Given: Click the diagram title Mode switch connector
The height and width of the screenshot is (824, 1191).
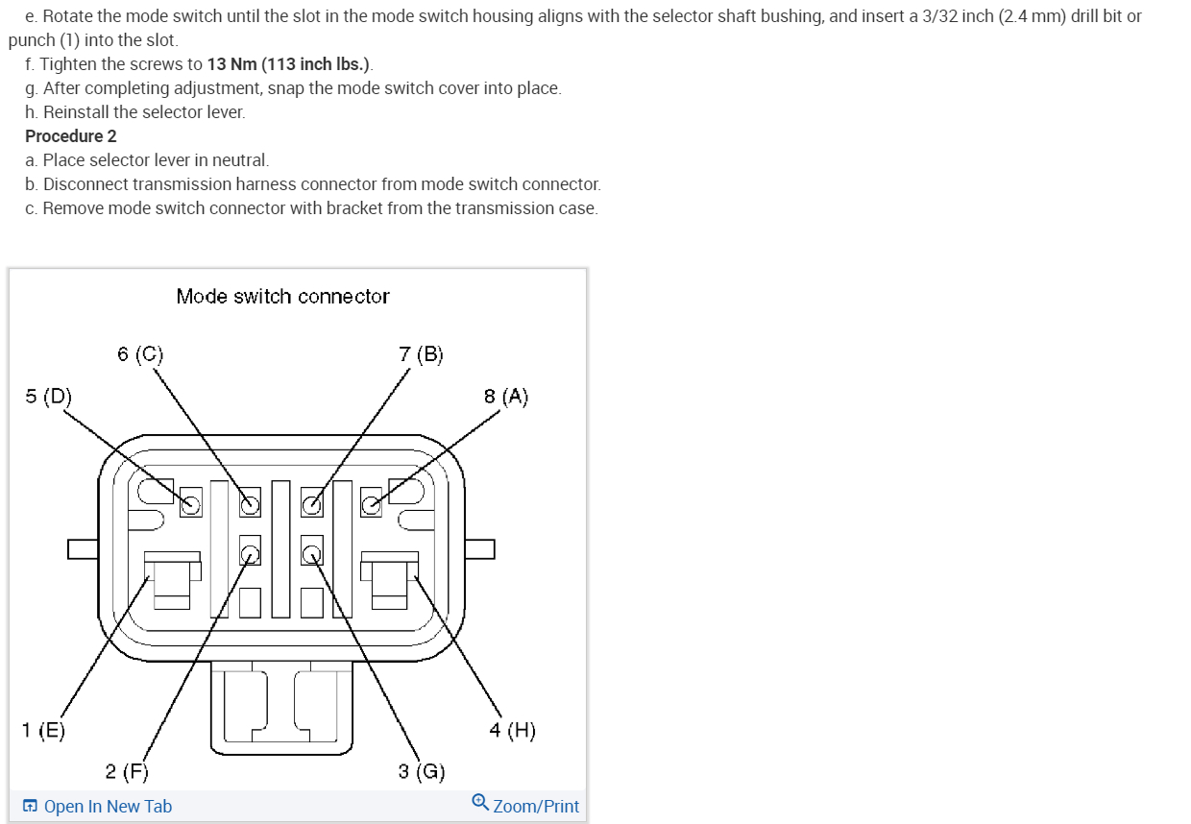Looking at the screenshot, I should (282, 297).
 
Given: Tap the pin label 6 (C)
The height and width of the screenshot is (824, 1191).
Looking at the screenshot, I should (140, 354).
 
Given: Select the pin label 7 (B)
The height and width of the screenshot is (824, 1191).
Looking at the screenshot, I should (421, 354).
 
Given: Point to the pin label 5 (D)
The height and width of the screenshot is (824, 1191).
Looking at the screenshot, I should (48, 396).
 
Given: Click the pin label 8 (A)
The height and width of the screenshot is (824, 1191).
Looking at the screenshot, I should (506, 396).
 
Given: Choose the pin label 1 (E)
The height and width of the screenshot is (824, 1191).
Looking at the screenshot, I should (44, 730).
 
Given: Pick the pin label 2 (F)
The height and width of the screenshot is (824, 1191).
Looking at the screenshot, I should (127, 771).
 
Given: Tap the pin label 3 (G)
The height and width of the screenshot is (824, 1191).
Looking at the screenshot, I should (422, 771).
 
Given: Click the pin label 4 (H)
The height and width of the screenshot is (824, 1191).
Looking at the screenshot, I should (512, 730).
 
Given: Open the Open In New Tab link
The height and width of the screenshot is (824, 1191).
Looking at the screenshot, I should (108, 807).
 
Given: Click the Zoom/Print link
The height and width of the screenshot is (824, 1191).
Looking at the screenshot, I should (535, 807).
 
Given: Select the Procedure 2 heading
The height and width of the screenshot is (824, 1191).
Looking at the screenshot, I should (71, 136).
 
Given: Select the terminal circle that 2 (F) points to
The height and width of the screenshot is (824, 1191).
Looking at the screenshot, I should (250, 553).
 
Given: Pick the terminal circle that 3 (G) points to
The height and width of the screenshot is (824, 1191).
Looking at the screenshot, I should (311, 553).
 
